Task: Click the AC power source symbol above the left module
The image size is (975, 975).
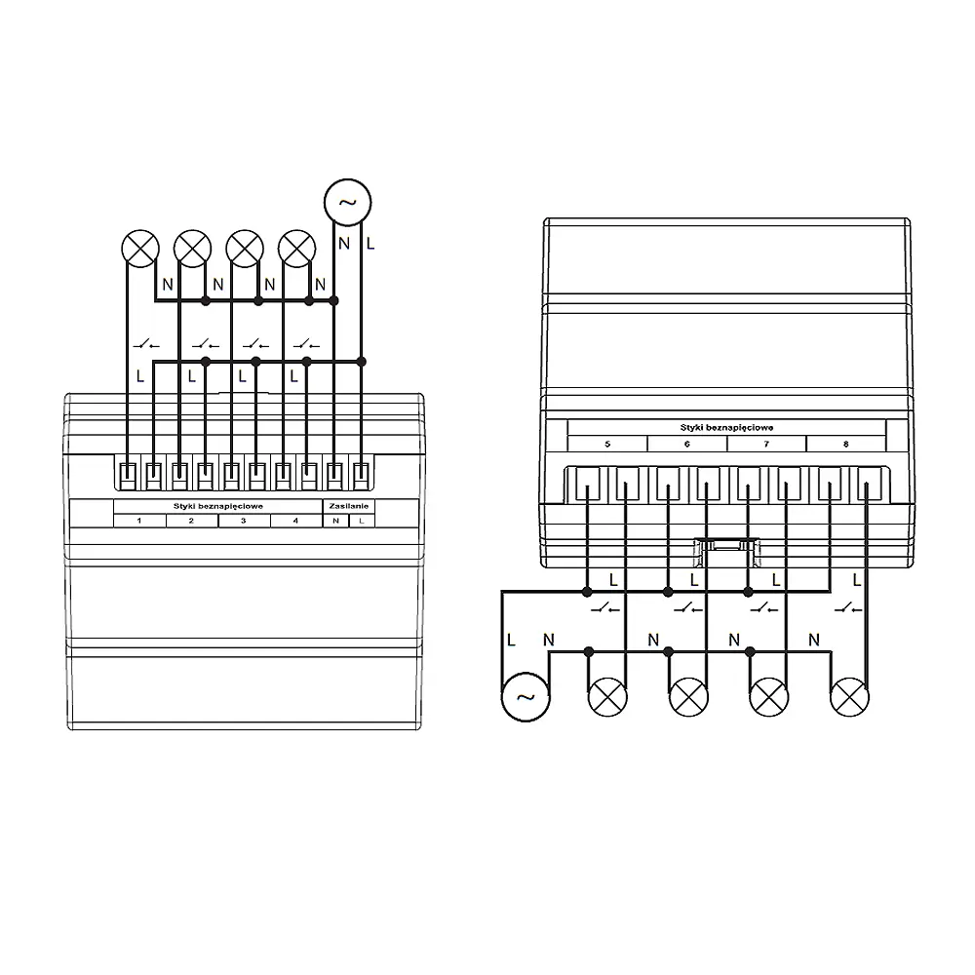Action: click(x=348, y=202)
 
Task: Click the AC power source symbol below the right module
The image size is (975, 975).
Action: click(x=526, y=697)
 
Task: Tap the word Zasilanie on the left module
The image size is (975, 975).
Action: click(x=348, y=506)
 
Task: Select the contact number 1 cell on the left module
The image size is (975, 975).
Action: click(x=139, y=521)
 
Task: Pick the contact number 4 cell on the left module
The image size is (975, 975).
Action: click(x=296, y=521)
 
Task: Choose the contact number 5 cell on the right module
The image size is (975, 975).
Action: click(x=607, y=444)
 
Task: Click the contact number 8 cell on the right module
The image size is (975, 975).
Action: click(x=846, y=444)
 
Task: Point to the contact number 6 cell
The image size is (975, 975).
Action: click(x=687, y=444)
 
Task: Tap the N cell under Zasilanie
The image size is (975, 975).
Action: click(x=335, y=521)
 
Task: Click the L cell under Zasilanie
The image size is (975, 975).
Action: click(x=362, y=521)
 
